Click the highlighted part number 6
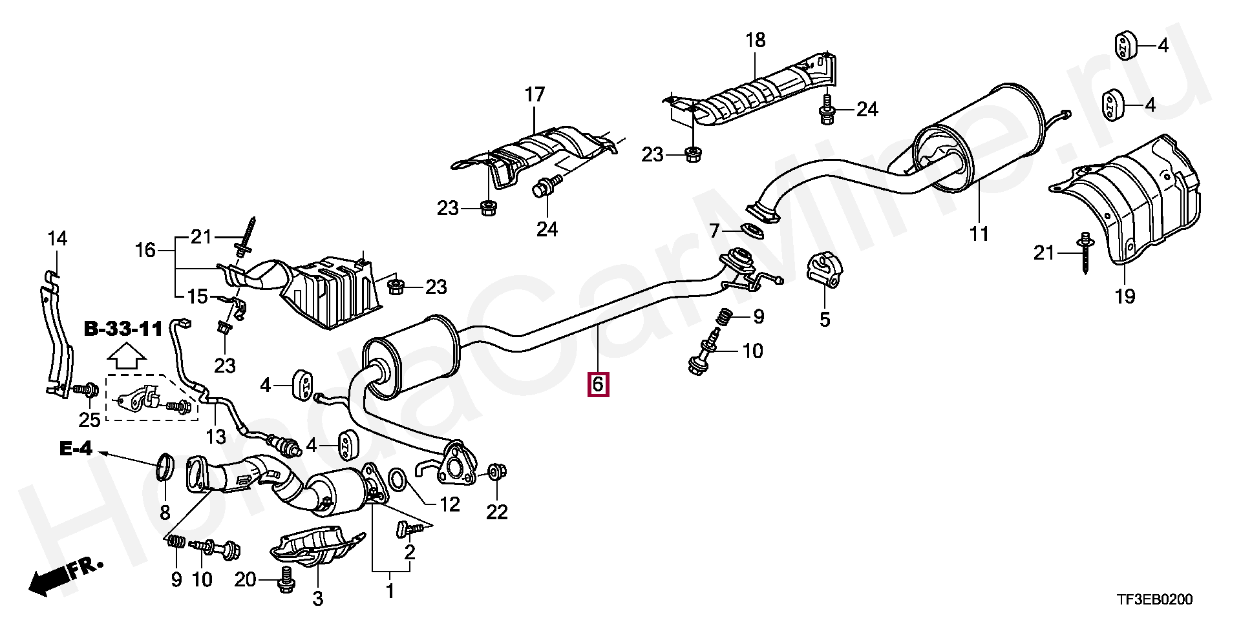597,384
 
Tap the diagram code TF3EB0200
1154,600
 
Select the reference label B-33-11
123,329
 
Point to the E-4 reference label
76,448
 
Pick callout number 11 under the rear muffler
979,234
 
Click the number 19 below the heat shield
1125,296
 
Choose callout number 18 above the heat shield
755,40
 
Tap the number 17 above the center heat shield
535,95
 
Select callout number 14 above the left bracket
58,239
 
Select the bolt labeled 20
286,579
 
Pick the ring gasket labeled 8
165,467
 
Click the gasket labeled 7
752,230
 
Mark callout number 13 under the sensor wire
215,437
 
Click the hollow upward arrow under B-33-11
125,356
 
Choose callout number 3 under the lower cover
317,599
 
